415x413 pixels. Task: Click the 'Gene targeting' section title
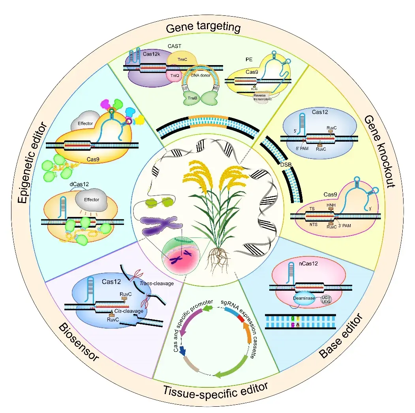(203, 28)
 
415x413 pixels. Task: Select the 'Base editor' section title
(342, 336)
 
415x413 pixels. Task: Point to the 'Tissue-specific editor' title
(216, 389)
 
